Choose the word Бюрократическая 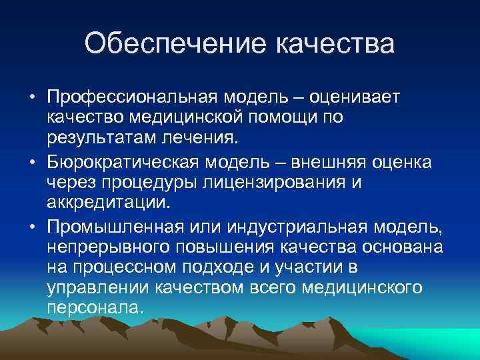pyautogui.click(x=125, y=163)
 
